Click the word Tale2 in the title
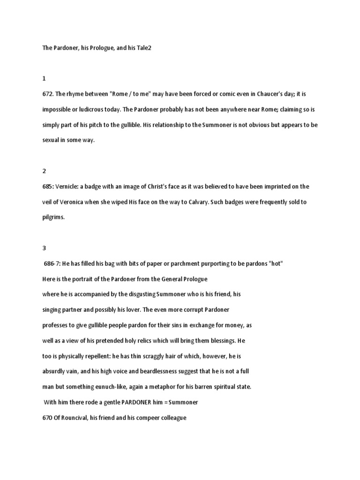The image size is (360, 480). point(143,48)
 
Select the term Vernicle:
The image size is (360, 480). point(68,187)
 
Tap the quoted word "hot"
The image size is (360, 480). point(276,263)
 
